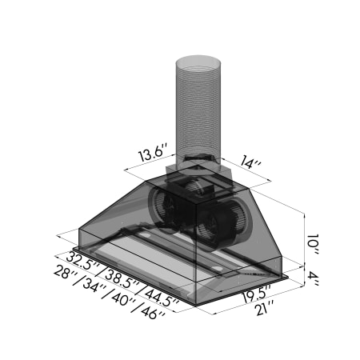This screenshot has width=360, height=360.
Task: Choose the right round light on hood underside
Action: [x=217, y=266]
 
